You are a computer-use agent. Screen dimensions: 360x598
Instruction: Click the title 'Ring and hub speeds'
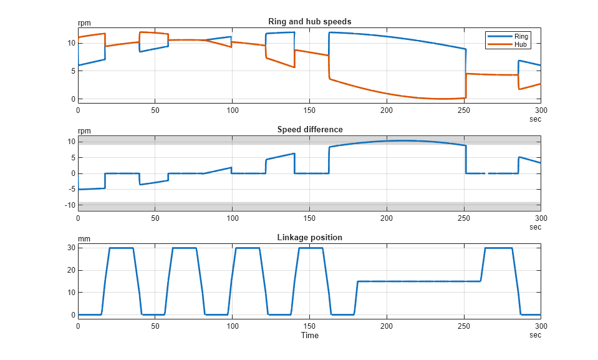point(309,21)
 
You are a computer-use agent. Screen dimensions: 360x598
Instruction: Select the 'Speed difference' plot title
point(309,129)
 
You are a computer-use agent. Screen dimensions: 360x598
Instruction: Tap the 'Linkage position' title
point(309,237)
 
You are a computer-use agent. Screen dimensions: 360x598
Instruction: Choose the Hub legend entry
point(521,44)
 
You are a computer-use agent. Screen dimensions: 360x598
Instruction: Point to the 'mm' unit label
point(83,238)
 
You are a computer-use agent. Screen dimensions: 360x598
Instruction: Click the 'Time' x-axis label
point(309,335)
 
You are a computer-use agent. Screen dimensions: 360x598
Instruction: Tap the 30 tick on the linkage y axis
point(72,248)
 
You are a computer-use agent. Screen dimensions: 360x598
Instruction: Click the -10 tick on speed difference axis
point(70,205)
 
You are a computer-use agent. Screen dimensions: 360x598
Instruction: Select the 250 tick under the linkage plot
point(463,326)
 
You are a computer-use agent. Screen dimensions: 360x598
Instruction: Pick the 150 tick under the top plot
point(309,110)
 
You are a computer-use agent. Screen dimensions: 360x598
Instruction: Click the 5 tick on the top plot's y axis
point(73,71)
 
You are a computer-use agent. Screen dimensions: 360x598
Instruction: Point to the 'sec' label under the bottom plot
point(535,335)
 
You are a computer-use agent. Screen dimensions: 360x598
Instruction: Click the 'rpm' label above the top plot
point(84,23)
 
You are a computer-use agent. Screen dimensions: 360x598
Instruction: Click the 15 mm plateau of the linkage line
point(418,281)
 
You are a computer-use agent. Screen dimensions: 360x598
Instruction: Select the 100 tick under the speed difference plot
point(232,218)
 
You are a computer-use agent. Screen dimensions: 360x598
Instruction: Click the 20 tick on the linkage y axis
point(72,270)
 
